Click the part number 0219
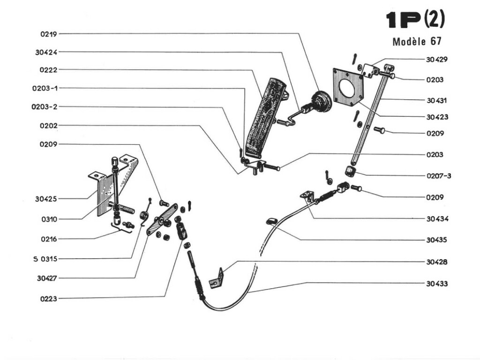48,34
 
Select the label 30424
46,52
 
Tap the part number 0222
48,70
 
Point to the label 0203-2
45,107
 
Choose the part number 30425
46,199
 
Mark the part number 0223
48,298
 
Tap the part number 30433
436,284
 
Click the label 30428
436,262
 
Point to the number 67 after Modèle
435,42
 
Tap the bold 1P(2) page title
414,20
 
